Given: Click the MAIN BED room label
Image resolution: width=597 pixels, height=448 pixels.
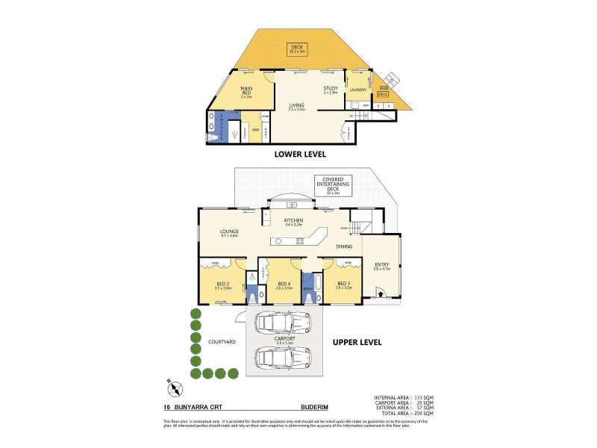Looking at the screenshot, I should point(246,92).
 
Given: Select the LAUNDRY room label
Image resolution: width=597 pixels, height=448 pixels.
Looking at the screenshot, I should point(358,90).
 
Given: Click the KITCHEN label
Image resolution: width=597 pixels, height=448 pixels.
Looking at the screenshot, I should point(293,222).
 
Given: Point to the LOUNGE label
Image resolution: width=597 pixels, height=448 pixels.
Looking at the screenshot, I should point(229,234).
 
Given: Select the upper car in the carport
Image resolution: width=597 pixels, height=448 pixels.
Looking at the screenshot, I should point(283,323).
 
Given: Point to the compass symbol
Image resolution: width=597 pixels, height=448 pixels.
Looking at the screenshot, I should point(174,388).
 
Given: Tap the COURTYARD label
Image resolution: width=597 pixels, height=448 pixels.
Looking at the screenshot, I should point(222,341).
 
